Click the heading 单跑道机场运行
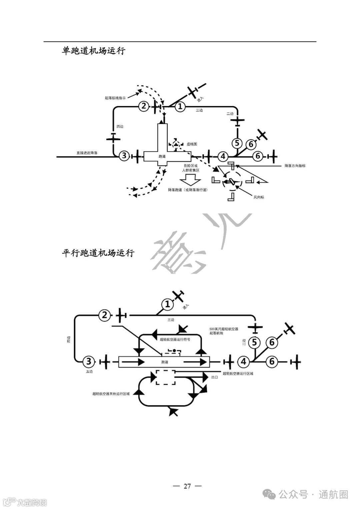click(x=93, y=51)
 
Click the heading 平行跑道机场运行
click(x=98, y=253)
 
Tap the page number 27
click(x=187, y=486)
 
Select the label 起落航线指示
click(x=115, y=98)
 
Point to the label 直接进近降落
click(x=87, y=153)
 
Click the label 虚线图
click(x=192, y=144)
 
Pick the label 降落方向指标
click(x=295, y=166)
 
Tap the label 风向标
click(x=259, y=197)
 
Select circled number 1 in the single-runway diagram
click(x=180, y=107)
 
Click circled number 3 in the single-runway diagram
click(x=124, y=155)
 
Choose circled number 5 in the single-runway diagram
click(x=237, y=143)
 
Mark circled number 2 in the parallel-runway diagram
click(x=105, y=315)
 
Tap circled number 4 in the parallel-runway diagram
click(x=243, y=361)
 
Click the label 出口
click(x=215, y=377)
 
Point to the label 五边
click(x=89, y=371)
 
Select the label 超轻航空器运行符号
click(x=175, y=339)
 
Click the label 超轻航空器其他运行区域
click(x=111, y=394)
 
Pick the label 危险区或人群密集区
click(x=191, y=168)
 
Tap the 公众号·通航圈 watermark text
click(x=313, y=494)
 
